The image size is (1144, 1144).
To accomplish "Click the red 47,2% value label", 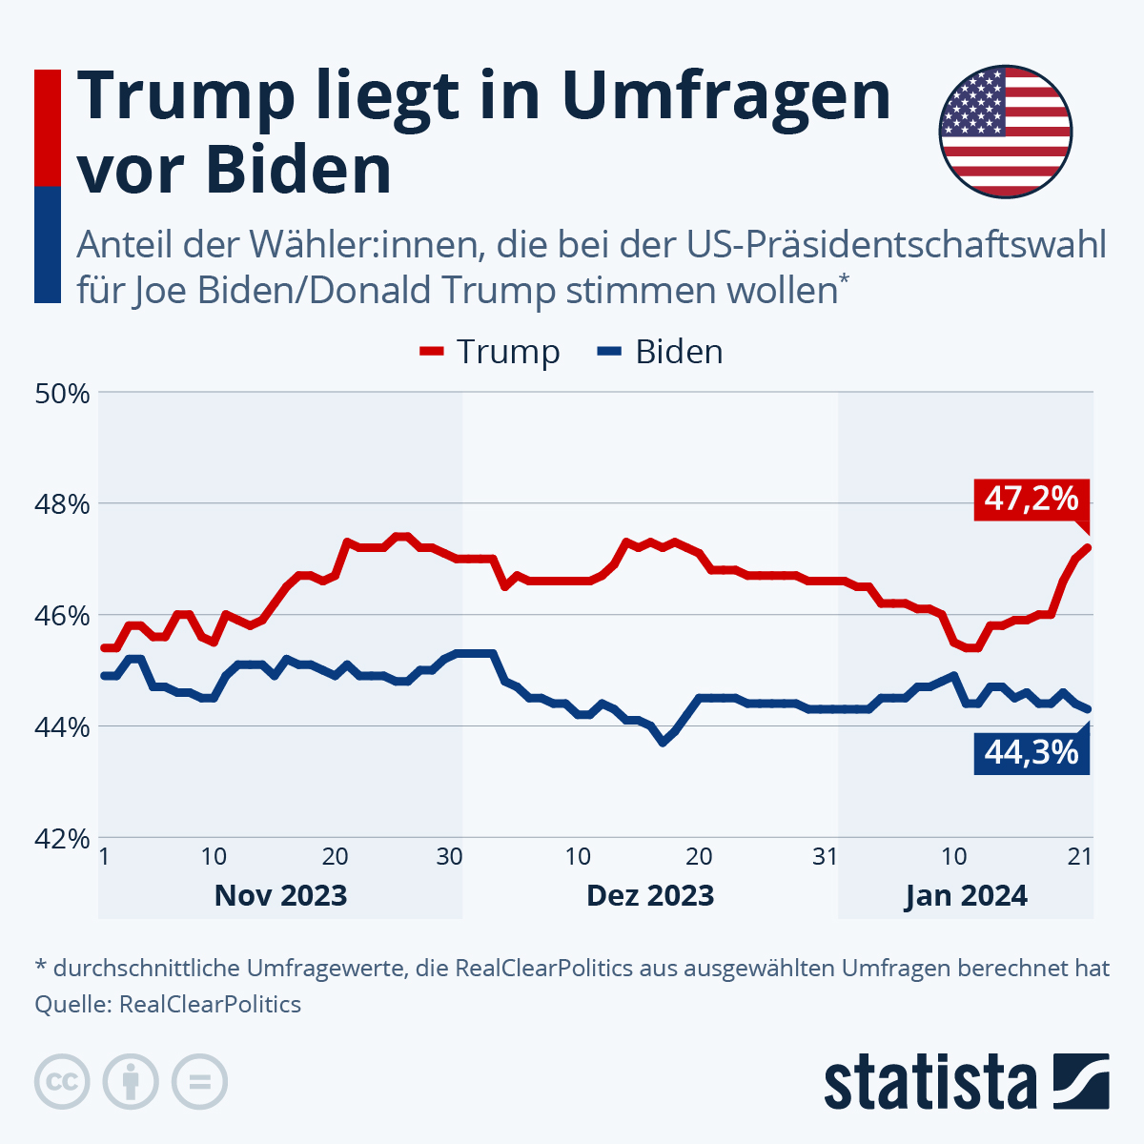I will tap(1031, 499).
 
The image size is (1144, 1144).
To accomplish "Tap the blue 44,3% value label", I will tap(1031, 753).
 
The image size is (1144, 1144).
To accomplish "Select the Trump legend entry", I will tap(490, 352).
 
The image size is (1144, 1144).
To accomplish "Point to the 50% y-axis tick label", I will tap(63, 393).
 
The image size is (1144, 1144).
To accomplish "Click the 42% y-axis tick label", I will tap(63, 838).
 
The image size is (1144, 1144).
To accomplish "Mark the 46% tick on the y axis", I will tap(63, 615).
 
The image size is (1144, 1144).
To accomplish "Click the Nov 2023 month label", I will tap(280, 896).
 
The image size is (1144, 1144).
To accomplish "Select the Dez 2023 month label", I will tap(650, 896).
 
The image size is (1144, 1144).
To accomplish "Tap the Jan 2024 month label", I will tap(966, 896).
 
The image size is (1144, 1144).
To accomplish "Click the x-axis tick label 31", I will tap(826, 856).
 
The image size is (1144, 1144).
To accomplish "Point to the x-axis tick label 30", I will tap(449, 856).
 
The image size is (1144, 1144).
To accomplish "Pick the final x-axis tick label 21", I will tap(1079, 856).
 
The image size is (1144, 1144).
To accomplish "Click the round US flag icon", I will tap(1006, 132).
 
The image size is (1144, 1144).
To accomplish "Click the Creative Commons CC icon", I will tap(63, 1082).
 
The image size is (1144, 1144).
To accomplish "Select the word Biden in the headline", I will tap(298, 170).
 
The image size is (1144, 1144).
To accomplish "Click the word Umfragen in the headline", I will tap(725, 95).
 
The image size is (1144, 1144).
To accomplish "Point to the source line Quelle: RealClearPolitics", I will tap(168, 1004).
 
